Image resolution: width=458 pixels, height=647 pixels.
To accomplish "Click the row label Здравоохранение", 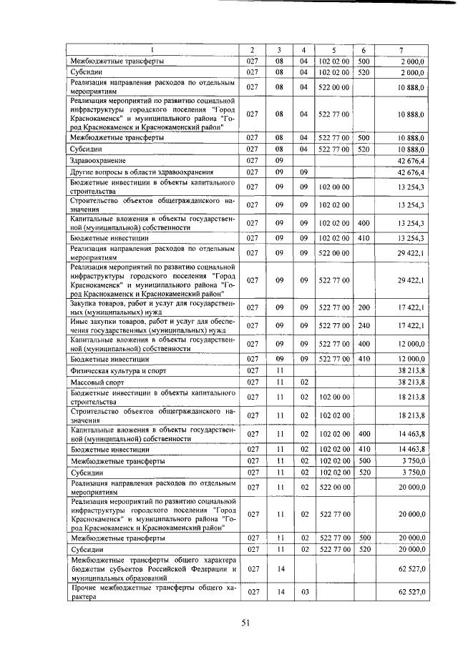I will point(99,161).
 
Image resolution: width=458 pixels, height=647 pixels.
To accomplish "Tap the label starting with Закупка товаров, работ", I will point(153,307).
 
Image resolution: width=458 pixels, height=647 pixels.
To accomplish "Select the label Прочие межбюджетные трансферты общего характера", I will point(153,593).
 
